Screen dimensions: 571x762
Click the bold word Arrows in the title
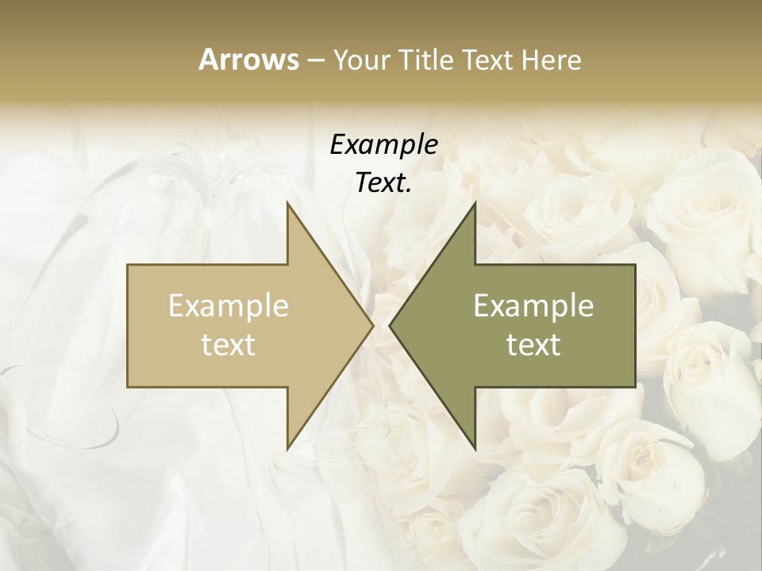248,59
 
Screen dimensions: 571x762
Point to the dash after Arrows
314,60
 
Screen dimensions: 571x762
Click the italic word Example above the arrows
383,145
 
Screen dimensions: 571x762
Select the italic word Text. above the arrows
383,183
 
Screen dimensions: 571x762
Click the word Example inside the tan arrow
229,306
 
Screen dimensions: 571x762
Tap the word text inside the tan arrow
229,344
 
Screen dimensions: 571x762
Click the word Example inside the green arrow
533,306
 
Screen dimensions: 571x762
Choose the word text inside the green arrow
533,344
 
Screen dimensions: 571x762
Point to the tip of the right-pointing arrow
373,325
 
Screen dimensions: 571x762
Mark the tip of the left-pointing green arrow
390,325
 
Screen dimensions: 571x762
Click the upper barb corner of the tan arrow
287,203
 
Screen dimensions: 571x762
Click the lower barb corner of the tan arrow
287,448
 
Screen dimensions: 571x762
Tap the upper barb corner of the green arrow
475,203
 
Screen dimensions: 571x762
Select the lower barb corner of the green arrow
475,448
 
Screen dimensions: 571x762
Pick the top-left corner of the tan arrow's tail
128,265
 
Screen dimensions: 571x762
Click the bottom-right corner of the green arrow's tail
635,386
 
